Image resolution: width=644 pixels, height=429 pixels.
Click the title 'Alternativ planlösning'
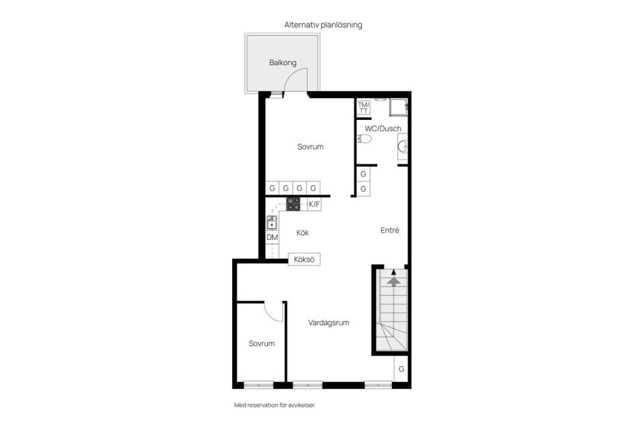pyautogui.click(x=323, y=24)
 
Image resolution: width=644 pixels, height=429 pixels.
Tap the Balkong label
pyautogui.click(x=282, y=63)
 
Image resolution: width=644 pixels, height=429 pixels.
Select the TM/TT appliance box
pyautogui.click(x=363, y=108)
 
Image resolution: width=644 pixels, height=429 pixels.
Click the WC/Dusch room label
pyautogui.click(x=383, y=128)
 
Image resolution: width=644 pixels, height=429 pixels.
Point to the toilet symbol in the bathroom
pyautogui.click(x=364, y=139)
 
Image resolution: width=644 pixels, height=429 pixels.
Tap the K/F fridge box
pyautogui.click(x=314, y=204)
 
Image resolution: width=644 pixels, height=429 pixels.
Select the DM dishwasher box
pyautogui.click(x=272, y=237)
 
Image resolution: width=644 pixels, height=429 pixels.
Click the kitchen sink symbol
pyautogui.click(x=272, y=222)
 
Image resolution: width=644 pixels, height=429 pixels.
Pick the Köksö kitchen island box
pyautogui.click(x=304, y=259)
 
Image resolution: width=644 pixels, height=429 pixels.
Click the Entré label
pyautogui.click(x=390, y=231)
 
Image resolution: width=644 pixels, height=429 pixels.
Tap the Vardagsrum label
pyautogui.click(x=329, y=322)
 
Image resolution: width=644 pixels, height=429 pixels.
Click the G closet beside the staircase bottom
pyautogui.click(x=401, y=369)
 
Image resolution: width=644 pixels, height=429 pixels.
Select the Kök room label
pyautogui.click(x=303, y=233)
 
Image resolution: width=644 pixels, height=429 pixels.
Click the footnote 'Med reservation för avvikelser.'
pyautogui.click(x=274, y=405)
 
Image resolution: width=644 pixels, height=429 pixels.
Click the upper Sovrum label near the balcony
pyautogui.click(x=311, y=146)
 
